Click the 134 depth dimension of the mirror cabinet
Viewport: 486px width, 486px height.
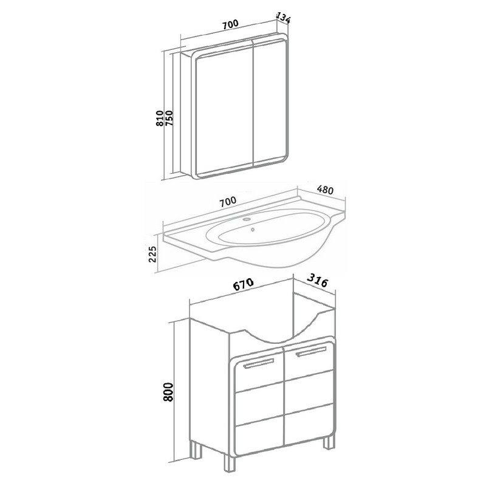[x=283, y=18]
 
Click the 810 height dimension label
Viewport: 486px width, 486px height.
[x=160, y=118]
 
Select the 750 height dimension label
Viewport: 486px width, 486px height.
[x=169, y=118]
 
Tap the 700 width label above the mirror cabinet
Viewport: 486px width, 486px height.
[x=230, y=24]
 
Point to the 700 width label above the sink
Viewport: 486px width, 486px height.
[x=227, y=202]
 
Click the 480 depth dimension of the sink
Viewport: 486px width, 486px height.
[x=325, y=190]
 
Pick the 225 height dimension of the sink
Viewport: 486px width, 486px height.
[x=152, y=254]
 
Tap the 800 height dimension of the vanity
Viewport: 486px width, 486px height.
[x=168, y=392]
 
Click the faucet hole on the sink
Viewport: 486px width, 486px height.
[x=247, y=219]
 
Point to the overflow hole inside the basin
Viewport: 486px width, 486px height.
[x=253, y=230]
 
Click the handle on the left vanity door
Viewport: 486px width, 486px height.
[x=259, y=363]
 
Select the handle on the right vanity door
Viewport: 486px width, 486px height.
[x=311, y=351]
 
